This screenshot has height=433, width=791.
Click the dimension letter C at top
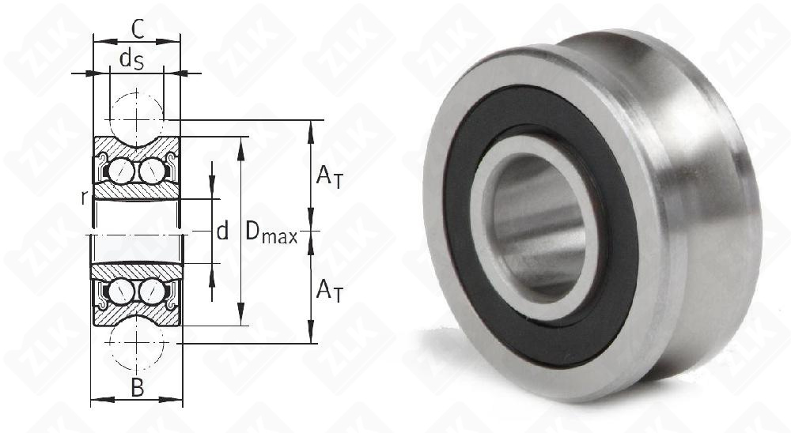click(137, 29)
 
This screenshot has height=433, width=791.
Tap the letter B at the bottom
click(137, 388)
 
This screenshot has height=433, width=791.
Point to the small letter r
click(84, 198)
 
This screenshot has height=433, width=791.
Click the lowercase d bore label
click(222, 232)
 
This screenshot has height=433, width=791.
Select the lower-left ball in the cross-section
click(123, 292)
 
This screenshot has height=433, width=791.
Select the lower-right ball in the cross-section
click(151, 292)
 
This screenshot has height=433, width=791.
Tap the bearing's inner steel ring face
click(483, 237)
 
